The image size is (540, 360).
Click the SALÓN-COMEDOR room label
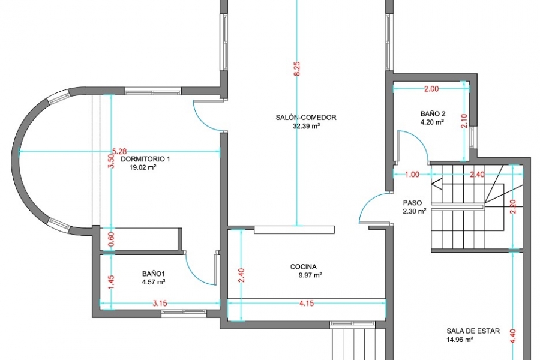pos(306,118)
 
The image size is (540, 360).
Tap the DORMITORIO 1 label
pos(145,159)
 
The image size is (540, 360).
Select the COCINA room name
pos(304,266)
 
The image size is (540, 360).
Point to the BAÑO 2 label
pos(433,113)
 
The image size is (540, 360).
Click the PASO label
pos(412,203)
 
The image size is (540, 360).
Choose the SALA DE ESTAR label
pos(473,331)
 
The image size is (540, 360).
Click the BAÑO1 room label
pos(154,274)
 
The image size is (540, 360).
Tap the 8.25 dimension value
pos(298,68)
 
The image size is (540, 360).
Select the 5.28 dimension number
pos(119,151)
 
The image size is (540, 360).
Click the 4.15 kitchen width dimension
pos(307,304)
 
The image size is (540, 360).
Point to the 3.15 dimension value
pos(160,304)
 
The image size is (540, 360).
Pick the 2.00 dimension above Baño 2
pos(431,89)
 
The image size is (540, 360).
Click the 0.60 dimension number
pos(111,239)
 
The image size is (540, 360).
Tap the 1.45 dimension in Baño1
pos(111,283)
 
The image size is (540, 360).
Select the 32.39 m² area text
pos(307,126)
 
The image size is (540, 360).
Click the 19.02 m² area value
pos(143,168)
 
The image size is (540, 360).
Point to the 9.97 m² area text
pos(311,275)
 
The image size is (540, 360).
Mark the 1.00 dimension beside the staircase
pos(412,175)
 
